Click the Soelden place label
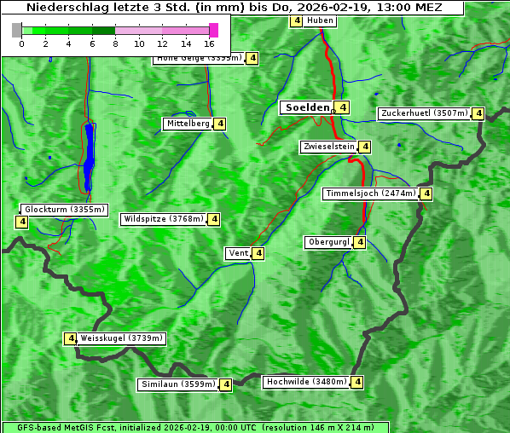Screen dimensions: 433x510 coord(307,107)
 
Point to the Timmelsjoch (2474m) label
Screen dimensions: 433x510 coord(371,193)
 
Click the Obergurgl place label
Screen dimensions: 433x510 coord(328,242)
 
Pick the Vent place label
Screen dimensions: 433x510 coord(237,253)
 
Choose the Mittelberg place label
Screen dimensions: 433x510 coord(188,124)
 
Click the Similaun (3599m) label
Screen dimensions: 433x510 coord(178,384)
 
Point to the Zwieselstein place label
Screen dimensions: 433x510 coord(328,147)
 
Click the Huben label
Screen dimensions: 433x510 coord(320,20)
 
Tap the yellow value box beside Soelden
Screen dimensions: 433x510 coord(342,107)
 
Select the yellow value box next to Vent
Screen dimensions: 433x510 coord(258,253)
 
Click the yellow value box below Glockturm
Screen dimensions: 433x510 coord(21,222)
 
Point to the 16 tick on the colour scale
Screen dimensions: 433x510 coord(209,43)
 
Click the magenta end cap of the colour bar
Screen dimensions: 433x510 coord(213,30)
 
